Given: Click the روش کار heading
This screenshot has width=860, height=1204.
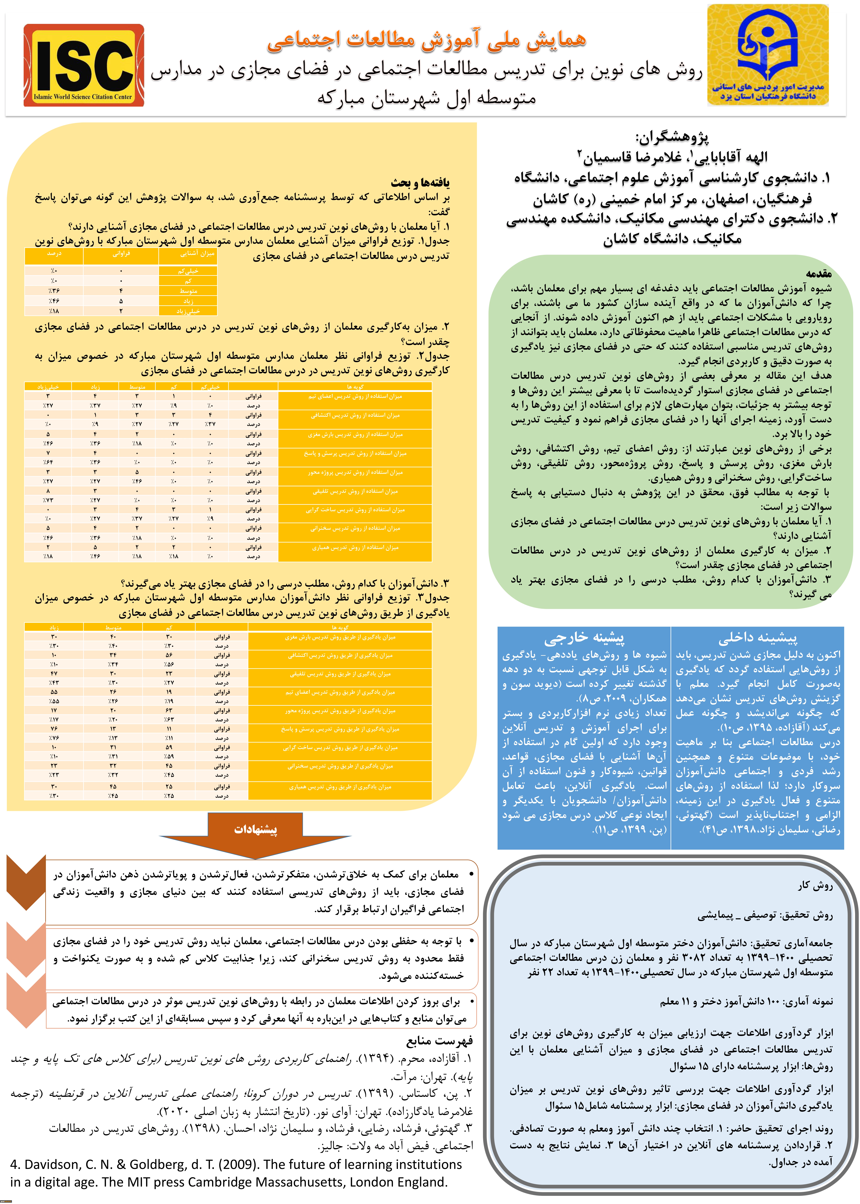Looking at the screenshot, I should (816, 885).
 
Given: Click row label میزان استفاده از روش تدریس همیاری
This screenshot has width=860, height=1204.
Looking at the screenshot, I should (355, 548).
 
